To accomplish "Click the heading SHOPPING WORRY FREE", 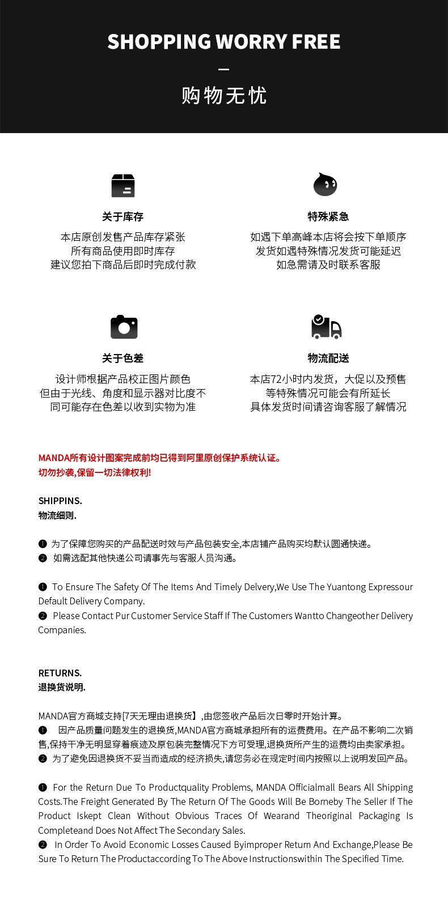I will pyautogui.click(x=224, y=42).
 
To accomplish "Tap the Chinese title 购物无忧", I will pyautogui.click(x=224, y=96).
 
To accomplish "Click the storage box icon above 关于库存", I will pyautogui.click(x=123, y=186).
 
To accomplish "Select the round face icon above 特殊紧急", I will pyautogui.click(x=326, y=185).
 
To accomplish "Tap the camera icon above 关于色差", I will pyautogui.click(x=124, y=327).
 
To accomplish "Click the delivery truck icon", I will pyautogui.click(x=327, y=327).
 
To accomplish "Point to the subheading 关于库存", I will pyautogui.click(x=123, y=216).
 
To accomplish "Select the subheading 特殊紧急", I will pyautogui.click(x=328, y=216).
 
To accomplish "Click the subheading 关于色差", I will pyautogui.click(x=123, y=358).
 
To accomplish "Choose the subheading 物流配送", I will pyautogui.click(x=328, y=358).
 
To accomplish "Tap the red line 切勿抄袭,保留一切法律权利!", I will pyautogui.click(x=95, y=472).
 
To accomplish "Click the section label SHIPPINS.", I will pyautogui.click(x=60, y=501).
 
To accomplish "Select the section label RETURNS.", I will pyautogui.click(x=60, y=673).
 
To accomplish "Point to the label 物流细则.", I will pyautogui.click(x=57, y=515).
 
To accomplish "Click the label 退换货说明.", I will pyautogui.click(x=62, y=687).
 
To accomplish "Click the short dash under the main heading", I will pyautogui.click(x=224, y=70).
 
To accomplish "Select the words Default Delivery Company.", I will pyautogui.click(x=91, y=601).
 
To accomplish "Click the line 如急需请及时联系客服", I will pyautogui.click(x=328, y=265).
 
